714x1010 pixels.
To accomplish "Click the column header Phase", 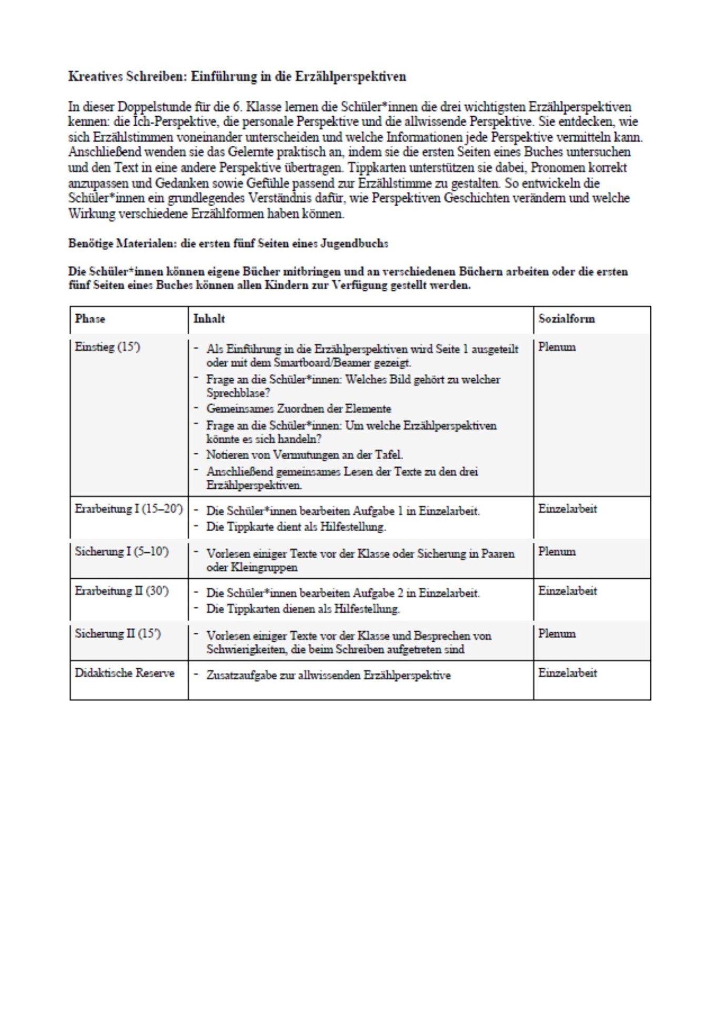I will click(x=90, y=319).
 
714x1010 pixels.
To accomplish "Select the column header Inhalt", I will click(x=209, y=319).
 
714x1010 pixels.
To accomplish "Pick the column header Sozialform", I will click(x=566, y=319).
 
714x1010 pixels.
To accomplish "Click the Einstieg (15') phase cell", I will click(x=107, y=347).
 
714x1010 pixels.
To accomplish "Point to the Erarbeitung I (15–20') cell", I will click(x=128, y=509).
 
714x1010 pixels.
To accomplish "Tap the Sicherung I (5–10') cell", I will click(x=122, y=552).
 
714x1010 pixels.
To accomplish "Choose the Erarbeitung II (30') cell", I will click(x=122, y=591).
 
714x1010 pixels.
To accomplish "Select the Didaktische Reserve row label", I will click(x=124, y=673).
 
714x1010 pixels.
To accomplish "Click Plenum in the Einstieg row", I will click(x=557, y=347).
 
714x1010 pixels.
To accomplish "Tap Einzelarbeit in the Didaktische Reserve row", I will click(x=567, y=673).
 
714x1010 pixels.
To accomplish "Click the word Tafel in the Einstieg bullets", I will click(x=388, y=455).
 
